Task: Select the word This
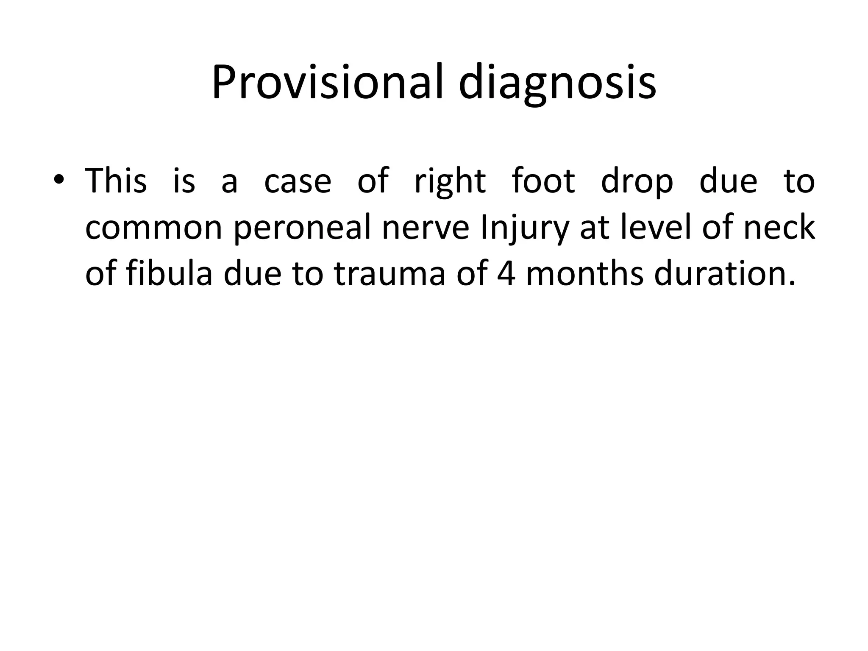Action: point(116,181)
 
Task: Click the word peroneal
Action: point(302,229)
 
